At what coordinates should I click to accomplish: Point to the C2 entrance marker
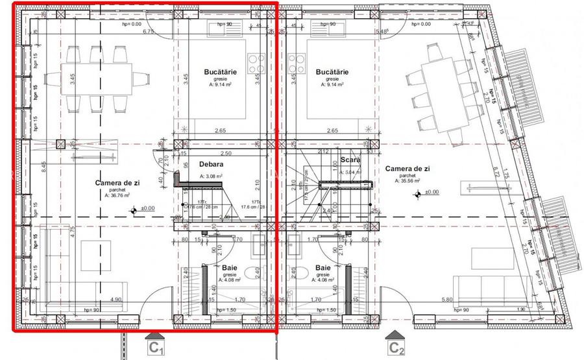click(397, 347)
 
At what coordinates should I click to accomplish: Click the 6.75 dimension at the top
click(147, 31)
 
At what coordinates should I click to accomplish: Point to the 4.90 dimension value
click(116, 300)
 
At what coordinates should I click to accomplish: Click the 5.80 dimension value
click(446, 300)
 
